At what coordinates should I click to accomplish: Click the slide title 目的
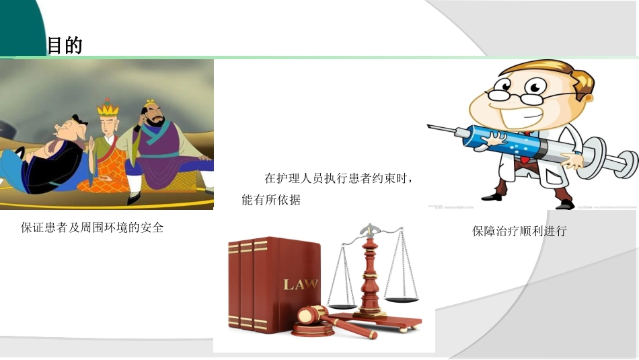click(x=65, y=46)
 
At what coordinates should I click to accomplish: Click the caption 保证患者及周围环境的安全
click(x=93, y=227)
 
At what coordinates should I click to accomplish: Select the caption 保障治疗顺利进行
click(x=519, y=231)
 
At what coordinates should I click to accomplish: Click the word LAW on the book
click(x=301, y=284)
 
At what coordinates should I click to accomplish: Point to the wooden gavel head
click(x=311, y=314)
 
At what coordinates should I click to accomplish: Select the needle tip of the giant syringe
click(x=431, y=126)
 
